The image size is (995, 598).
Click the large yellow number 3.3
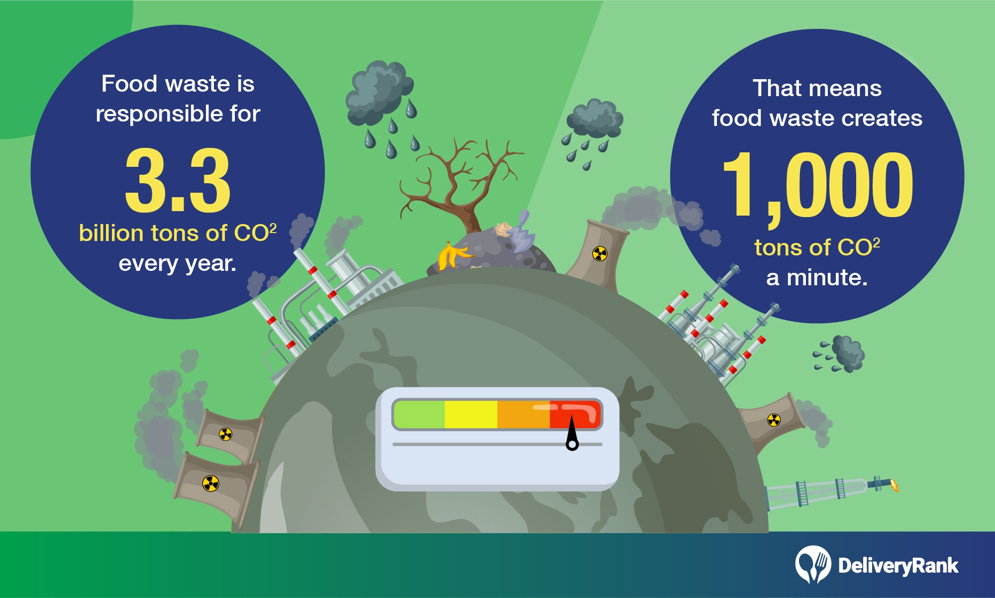click(178, 180)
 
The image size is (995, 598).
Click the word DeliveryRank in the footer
click(898, 566)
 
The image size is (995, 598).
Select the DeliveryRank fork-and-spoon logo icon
click(813, 564)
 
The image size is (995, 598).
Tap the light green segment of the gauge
click(419, 414)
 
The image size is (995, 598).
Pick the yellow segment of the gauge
click(471, 414)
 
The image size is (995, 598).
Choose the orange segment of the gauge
click(523, 414)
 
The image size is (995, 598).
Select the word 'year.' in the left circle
click(210, 264)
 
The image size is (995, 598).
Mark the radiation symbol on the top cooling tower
click(600, 254)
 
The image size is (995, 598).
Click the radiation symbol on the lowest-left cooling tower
click(210, 483)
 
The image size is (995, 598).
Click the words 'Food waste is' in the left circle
click(178, 84)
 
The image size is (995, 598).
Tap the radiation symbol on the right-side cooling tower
click(774, 420)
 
